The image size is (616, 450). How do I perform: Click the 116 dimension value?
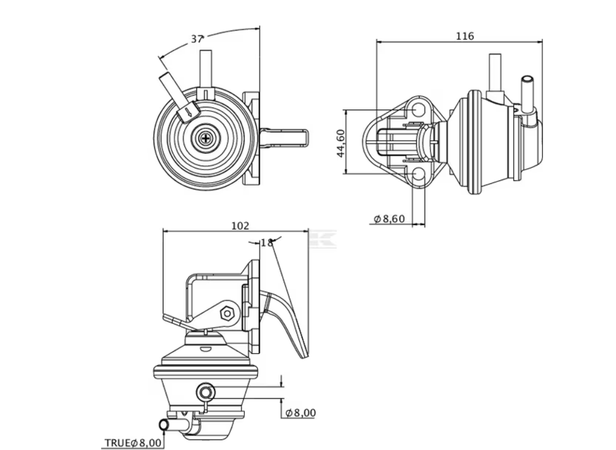[465, 36]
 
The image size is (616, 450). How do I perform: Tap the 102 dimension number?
[240, 226]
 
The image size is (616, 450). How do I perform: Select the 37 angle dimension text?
[197, 39]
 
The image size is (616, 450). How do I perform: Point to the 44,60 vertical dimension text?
[341, 143]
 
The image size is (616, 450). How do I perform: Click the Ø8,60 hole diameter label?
[389, 219]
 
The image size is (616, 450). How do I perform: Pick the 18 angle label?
[266, 243]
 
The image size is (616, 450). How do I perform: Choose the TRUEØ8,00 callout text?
[133, 443]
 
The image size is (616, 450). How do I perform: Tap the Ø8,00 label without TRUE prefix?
[300, 413]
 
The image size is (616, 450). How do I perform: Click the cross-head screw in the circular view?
[206, 138]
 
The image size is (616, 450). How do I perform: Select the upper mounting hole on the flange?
[418, 110]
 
